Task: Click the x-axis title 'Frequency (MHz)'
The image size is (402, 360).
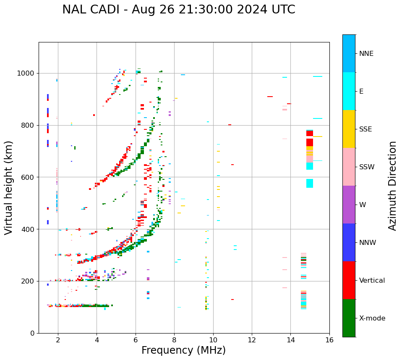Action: point(183,350)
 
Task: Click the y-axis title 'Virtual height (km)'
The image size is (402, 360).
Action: point(9,187)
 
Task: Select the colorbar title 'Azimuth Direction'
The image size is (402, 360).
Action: point(392,185)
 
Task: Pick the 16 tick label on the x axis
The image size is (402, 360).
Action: point(329,340)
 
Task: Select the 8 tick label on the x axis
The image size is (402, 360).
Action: point(174,340)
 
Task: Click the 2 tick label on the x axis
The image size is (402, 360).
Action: point(58,340)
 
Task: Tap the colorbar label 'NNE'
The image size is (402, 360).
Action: point(366,54)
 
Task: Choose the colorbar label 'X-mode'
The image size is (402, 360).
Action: point(372,318)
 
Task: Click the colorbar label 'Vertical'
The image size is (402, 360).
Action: point(372,281)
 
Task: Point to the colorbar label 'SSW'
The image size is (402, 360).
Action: point(367,167)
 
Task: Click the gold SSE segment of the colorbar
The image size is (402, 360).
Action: point(349,129)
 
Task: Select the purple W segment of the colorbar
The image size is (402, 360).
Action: point(349,205)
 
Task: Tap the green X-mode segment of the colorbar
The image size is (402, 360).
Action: point(349,318)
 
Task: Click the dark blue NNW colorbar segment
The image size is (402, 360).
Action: point(349,242)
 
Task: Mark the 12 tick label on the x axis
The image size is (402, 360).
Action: point(252,340)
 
